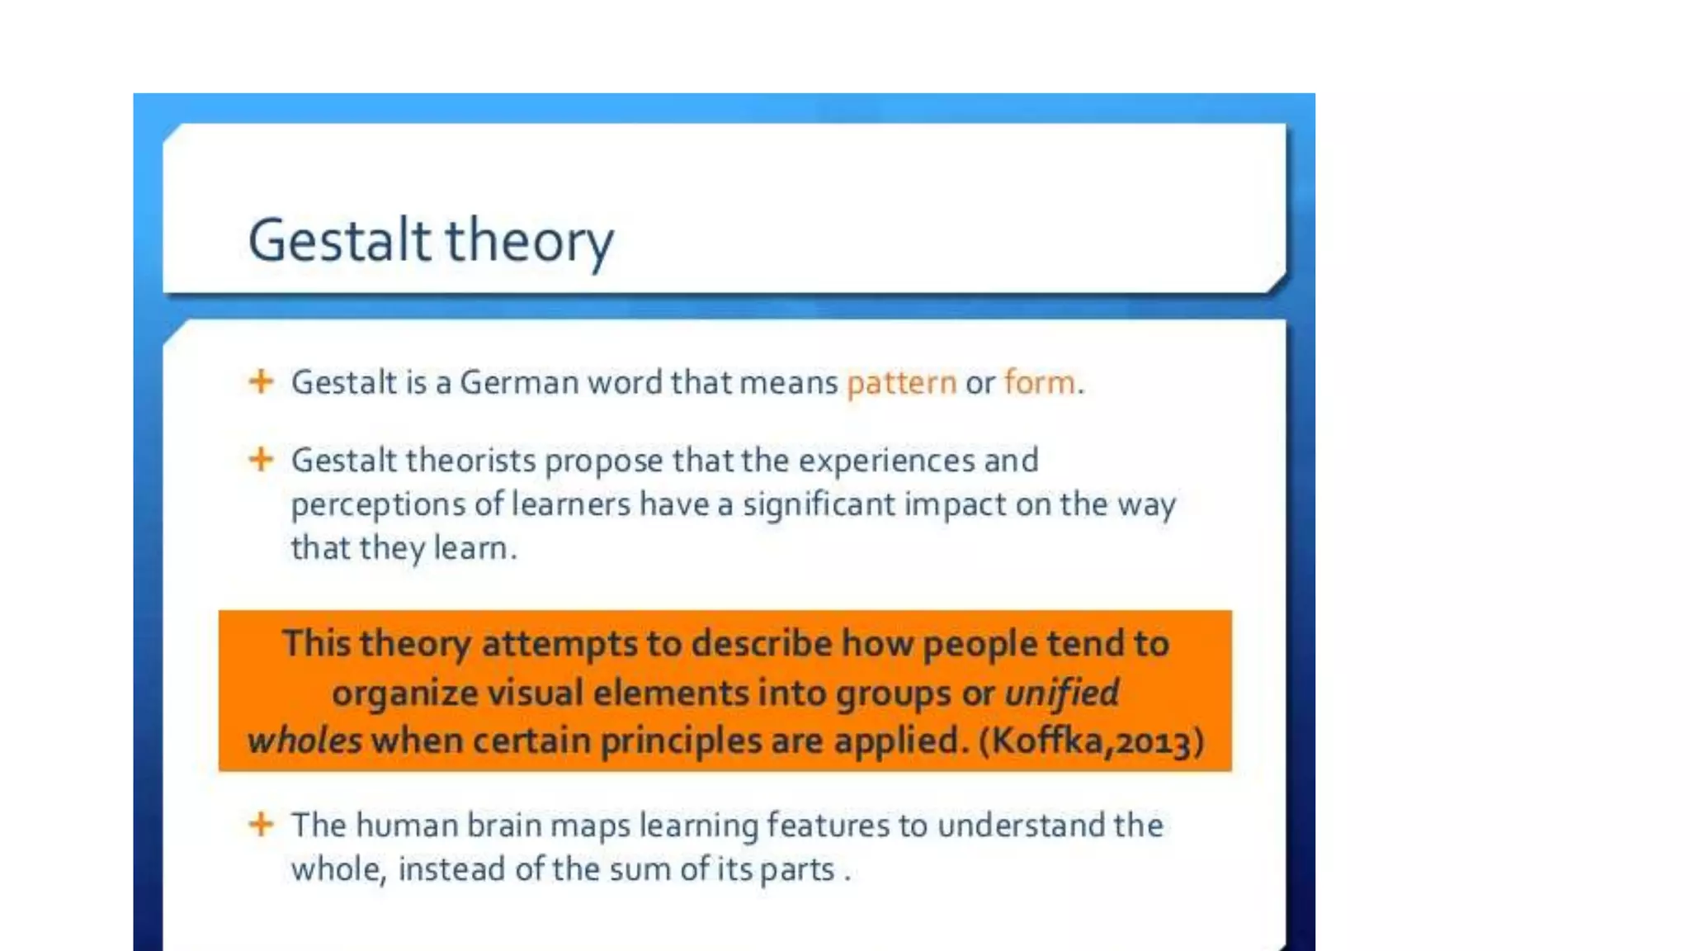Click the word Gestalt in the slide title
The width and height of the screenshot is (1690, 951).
click(x=339, y=240)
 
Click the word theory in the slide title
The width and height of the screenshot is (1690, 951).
click(x=530, y=242)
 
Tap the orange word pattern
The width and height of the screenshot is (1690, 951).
click(x=901, y=383)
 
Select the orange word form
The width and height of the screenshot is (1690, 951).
click(x=1040, y=383)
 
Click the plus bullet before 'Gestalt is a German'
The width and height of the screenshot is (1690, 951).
click(x=261, y=381)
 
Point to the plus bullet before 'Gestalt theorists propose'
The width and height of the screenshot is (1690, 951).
click(x=261, y=459)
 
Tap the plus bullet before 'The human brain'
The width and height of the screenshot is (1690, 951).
click(x=261, y=824)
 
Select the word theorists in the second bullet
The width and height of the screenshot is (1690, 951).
click(x=470, y=461)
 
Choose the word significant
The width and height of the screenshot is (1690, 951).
click(x=818, y=505)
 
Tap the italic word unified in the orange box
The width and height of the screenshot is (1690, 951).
click(x=1061, y=693)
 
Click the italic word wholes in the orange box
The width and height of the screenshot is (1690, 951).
click(x=304, y=740)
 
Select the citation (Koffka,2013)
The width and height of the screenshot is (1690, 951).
click(x=1091, y=740)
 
